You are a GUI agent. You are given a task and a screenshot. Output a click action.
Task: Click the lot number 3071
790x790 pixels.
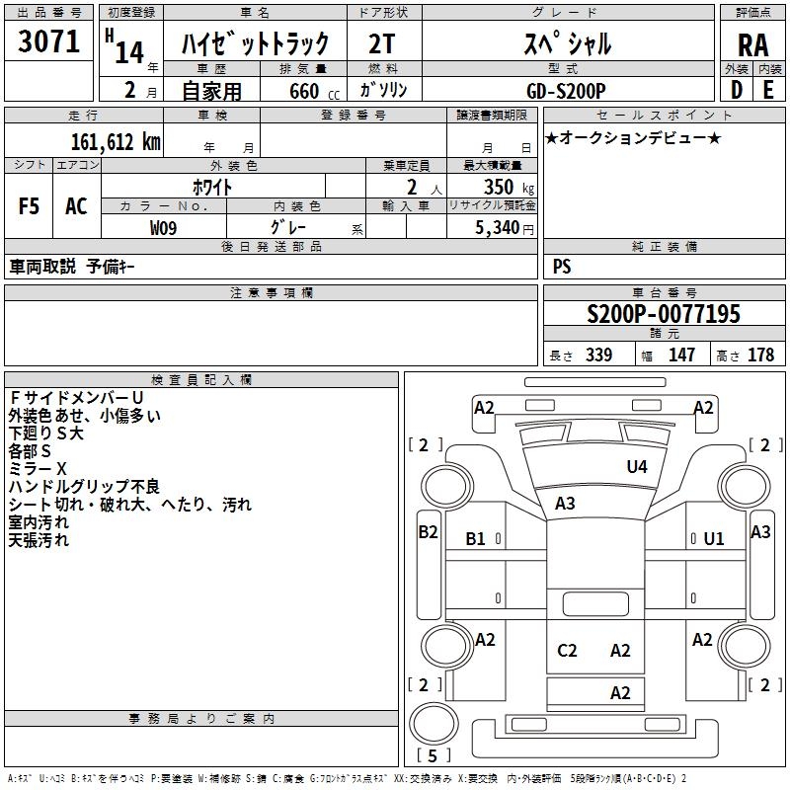pos(48,41)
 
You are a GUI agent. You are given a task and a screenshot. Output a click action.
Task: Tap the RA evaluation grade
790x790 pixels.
pos(751,44)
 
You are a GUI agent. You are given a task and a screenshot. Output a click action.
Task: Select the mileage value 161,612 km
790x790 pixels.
pos(117,141)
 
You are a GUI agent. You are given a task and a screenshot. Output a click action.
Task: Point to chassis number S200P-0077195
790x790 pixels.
pos(663,314)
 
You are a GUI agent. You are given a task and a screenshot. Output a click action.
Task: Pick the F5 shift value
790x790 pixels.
pos(30,206)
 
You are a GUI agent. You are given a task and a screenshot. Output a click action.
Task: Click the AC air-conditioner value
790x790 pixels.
pos(76,206)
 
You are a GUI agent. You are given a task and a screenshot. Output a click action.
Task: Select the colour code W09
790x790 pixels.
pos(163,227)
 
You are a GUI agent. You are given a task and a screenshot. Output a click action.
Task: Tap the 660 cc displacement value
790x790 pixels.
pos(309,91)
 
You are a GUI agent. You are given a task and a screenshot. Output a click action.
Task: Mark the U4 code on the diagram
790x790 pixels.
pos(637,467)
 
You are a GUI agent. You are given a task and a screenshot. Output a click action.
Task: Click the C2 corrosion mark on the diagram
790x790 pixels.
pos(567,650)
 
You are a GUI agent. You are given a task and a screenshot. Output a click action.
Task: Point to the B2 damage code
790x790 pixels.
pos(428,531)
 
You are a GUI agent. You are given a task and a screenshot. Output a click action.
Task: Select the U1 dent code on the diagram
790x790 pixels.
pos(714,538)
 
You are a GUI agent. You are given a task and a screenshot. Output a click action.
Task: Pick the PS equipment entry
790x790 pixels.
pos(562,267)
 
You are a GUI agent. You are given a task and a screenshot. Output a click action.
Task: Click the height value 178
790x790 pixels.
pos(761,355)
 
